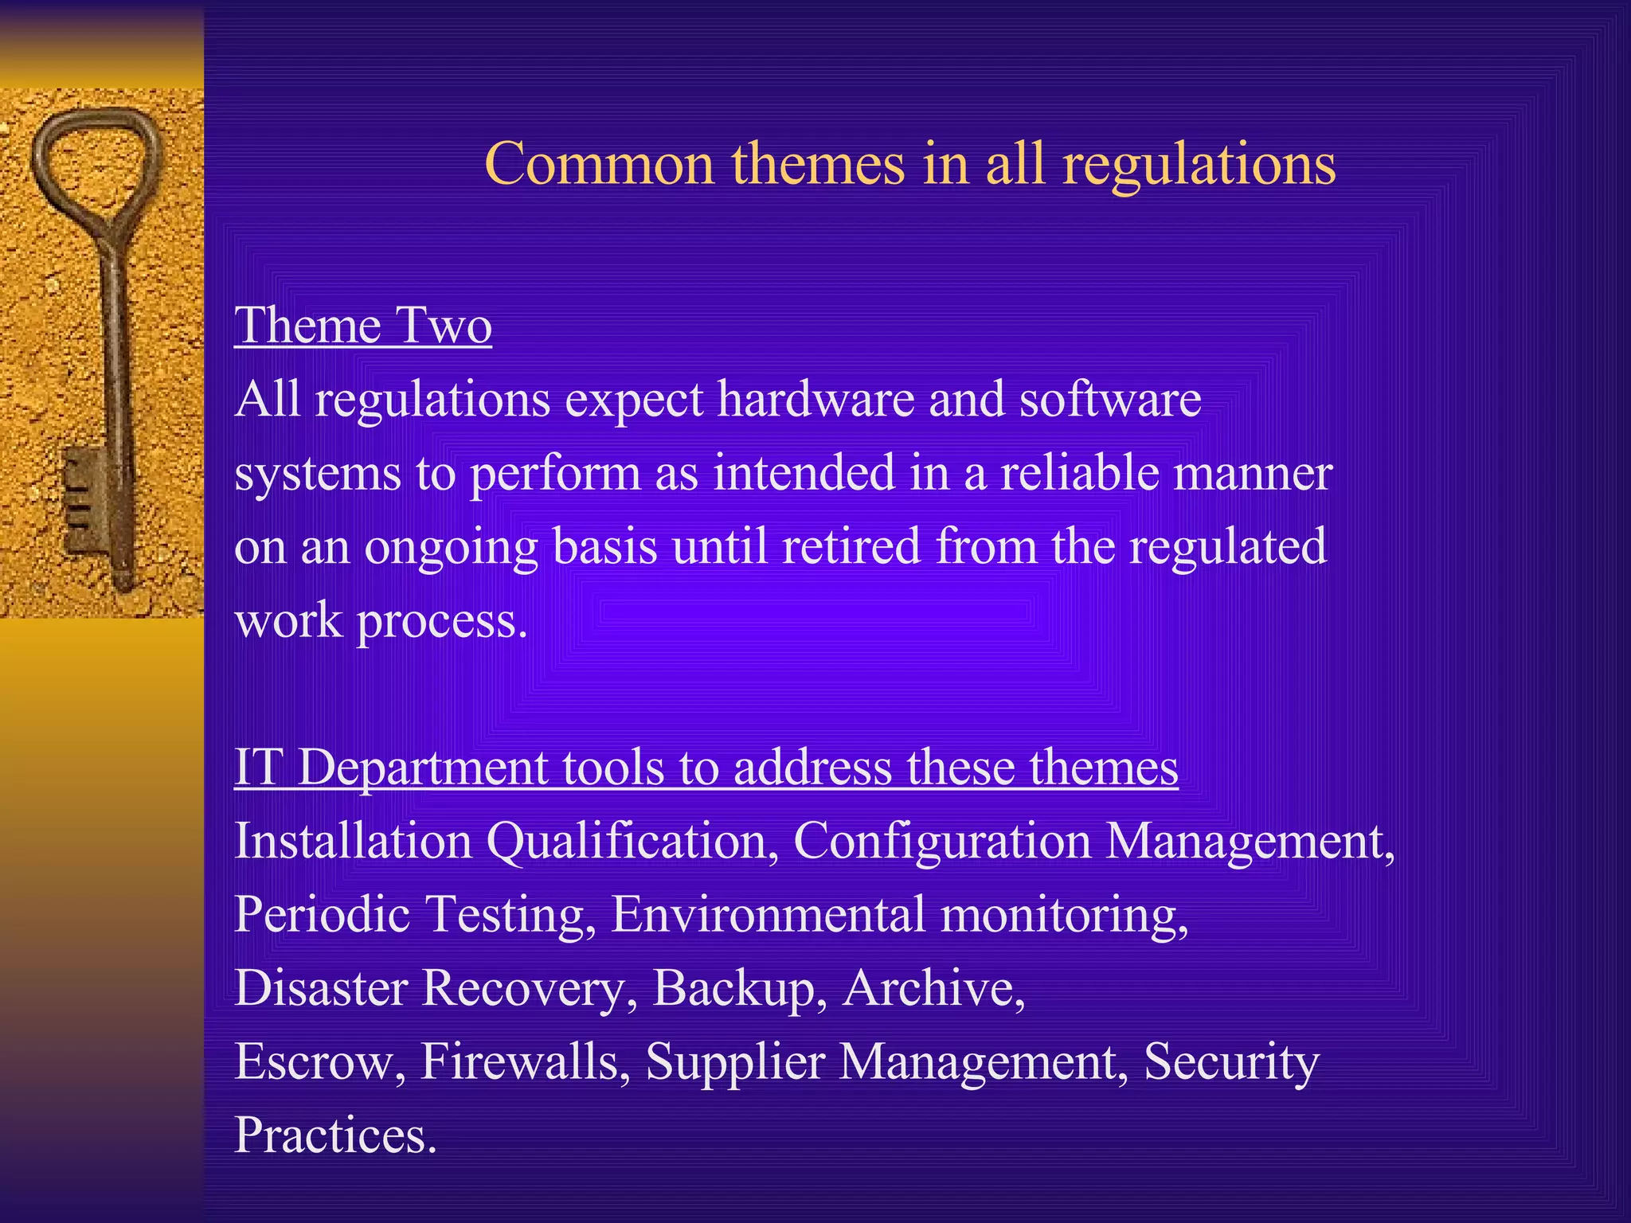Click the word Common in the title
[x=599, y=164]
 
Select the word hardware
[x=815, y=399]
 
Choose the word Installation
[x=353, y=841]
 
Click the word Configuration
[x=941, y=841]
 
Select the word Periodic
[x=322, y=914]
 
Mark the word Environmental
[x=769, y=914]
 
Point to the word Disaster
[x=321, y=987]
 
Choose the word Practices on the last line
[x=334, y=1135]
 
